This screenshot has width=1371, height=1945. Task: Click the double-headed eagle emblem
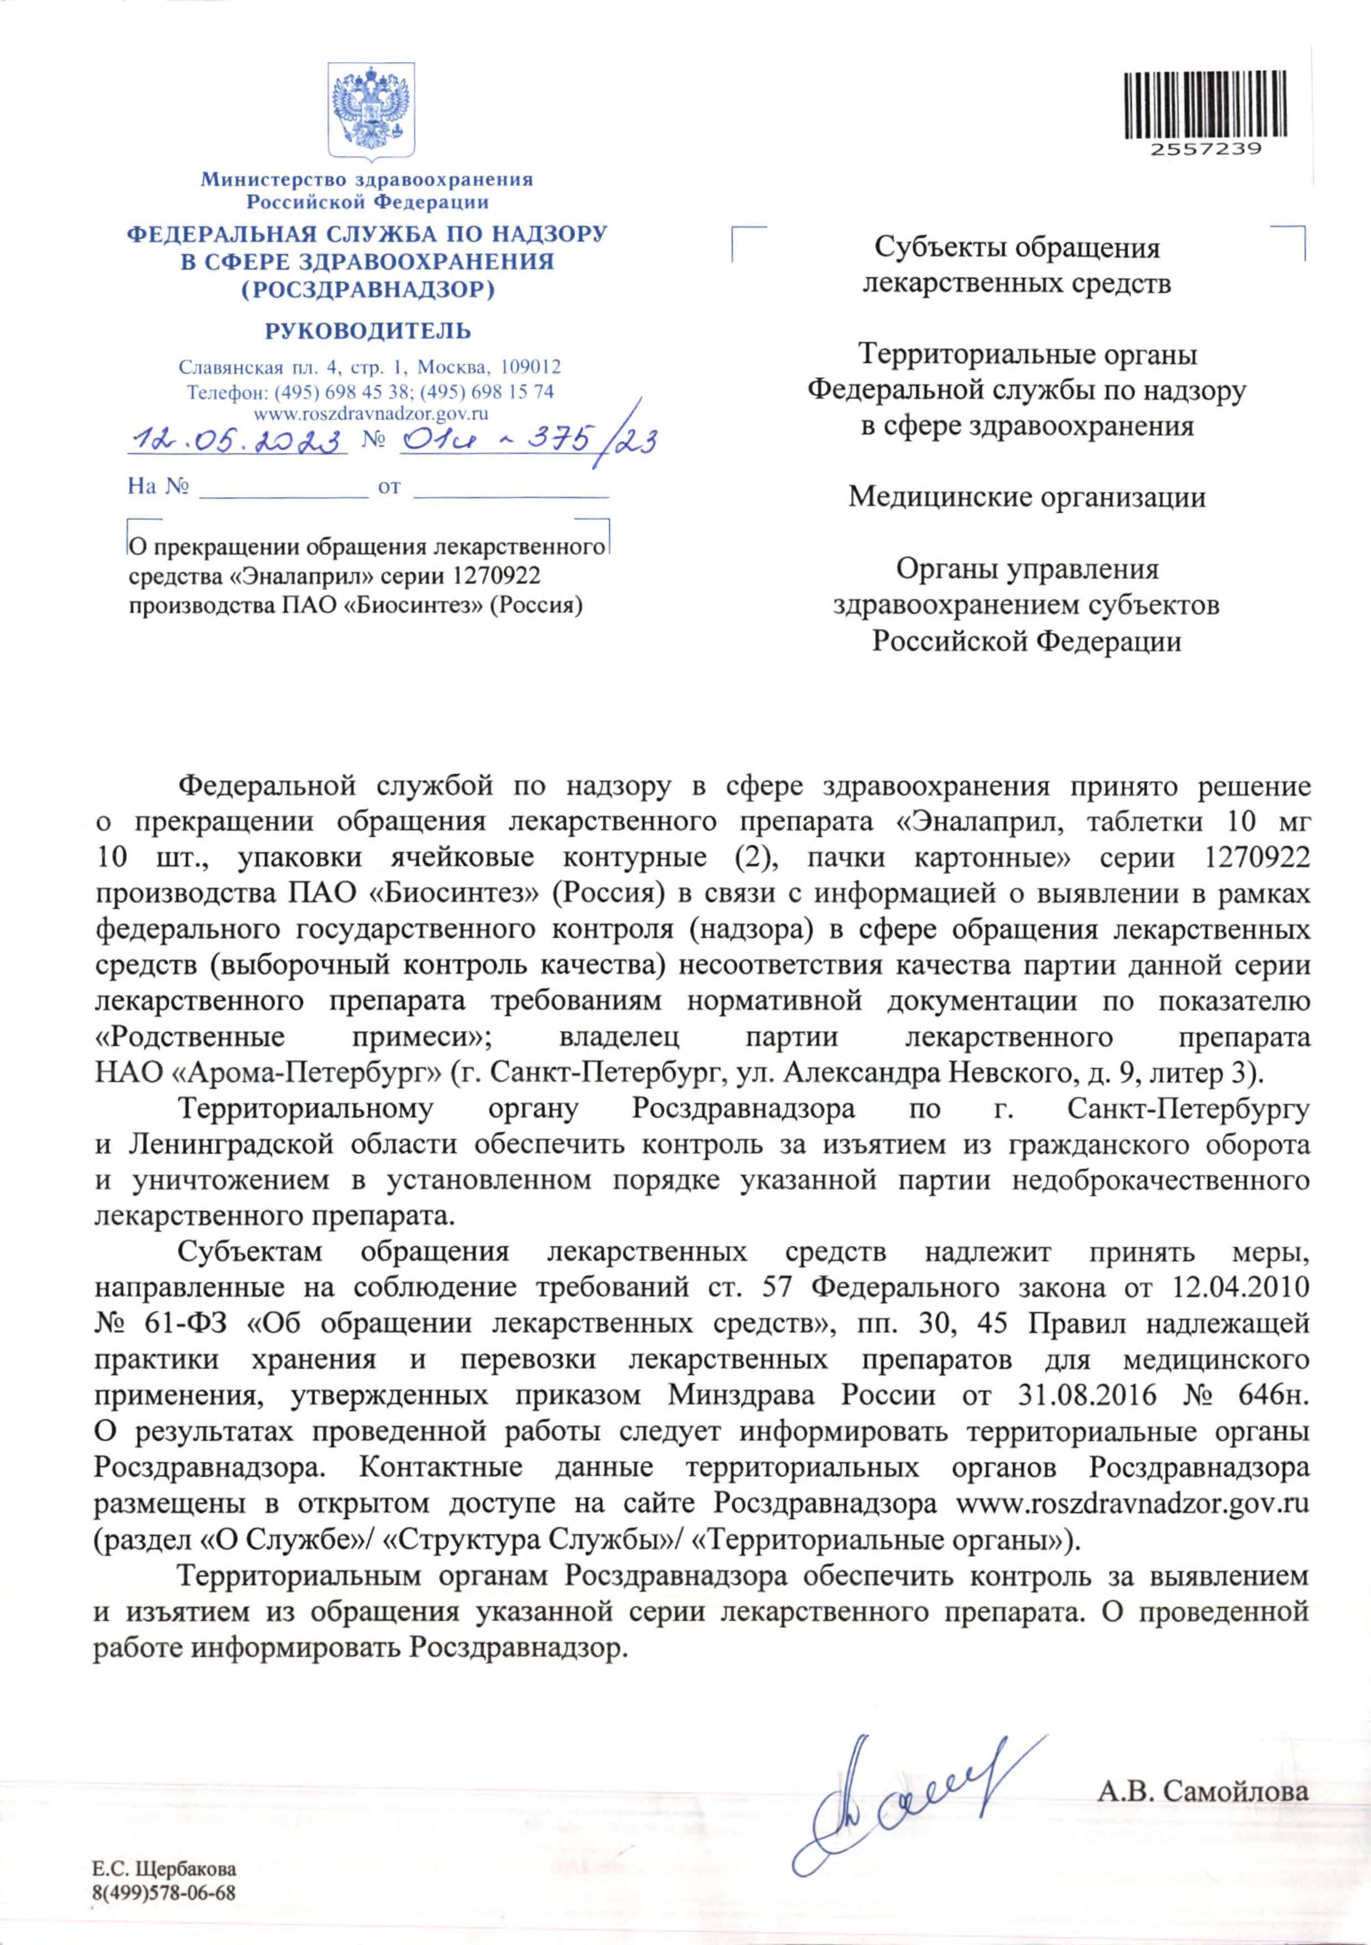pos(369,110)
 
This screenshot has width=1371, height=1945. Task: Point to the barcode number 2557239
pos(1206,150)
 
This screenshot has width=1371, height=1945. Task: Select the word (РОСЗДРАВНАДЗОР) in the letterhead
pos(368,290)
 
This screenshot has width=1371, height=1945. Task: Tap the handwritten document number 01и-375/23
pos(525,440)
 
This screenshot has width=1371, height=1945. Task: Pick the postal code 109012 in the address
pos(530,368)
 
